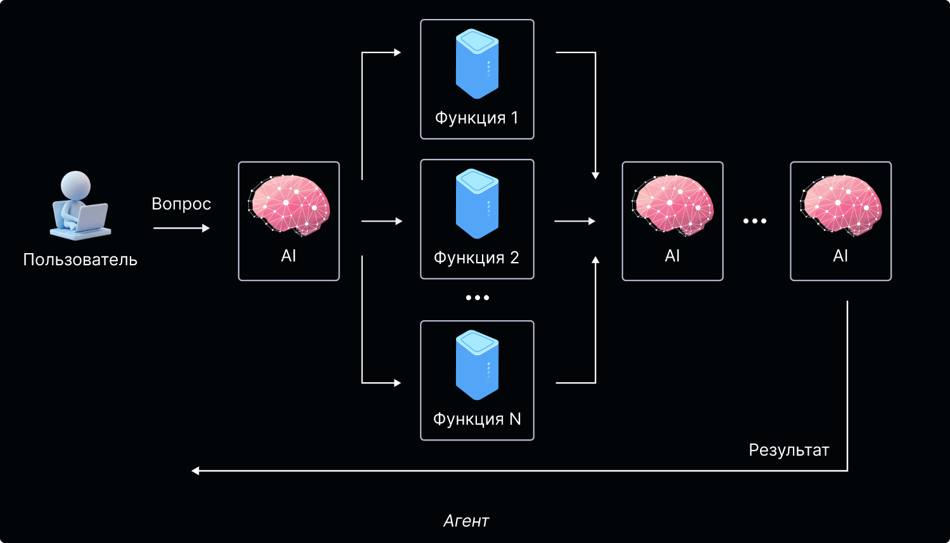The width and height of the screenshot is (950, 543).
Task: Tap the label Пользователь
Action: (x=80, y=259)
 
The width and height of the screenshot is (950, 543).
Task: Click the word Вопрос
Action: (x=181, y=204)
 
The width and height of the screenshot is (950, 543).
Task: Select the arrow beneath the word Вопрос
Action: (x=181, y=228)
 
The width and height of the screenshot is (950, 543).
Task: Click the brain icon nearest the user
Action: (x=289, y=204)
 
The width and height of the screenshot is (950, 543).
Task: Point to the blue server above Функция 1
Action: (x=477, y=66)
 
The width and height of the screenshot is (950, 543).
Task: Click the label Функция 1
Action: (x=477, y=118)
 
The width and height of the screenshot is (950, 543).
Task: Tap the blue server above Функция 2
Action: (x=477, y=204)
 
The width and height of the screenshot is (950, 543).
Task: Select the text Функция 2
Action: (x=477, y=258)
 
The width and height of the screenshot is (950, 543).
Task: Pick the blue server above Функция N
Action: (x=477, y=365)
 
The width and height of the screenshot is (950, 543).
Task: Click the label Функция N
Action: (x=477, y=419)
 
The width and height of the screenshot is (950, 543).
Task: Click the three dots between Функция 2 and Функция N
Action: (x=477, y=297)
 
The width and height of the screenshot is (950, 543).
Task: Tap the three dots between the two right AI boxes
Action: (x=755, y=221)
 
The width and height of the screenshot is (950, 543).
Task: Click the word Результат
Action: (x=788, y=450)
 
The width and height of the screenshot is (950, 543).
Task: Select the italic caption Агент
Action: (x=466, y=521)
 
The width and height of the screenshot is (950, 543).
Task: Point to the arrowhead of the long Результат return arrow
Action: (x=196, y=471)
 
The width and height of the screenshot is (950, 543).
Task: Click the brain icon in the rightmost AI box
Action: (x=840, y=204)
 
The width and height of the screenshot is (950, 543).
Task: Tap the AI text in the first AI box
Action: (x=289, y=256)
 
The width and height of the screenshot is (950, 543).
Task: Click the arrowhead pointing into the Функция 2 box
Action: (x=398, y=222)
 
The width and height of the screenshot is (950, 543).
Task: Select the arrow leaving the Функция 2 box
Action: (x=574, y=222)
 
